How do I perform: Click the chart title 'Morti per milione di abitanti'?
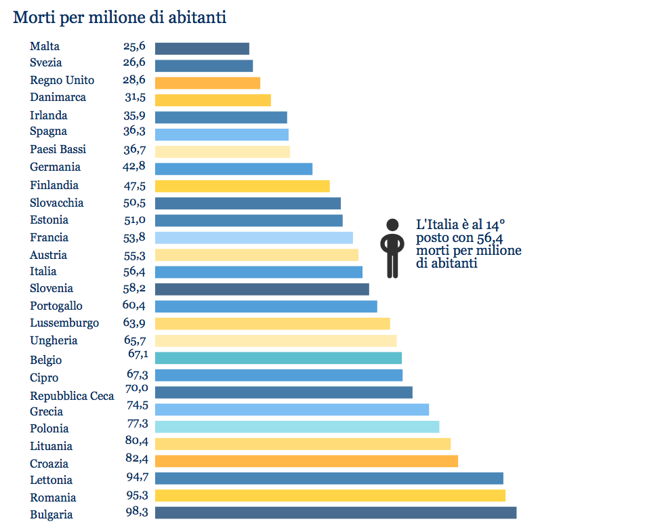[x=120, y=18]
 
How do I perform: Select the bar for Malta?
[x=202, y=49]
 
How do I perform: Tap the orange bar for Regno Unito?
[x=207, y=83]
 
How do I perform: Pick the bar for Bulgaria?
[x=335, y=512]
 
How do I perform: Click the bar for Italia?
[x=258, y=272]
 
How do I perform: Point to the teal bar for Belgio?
[x=278, y=358]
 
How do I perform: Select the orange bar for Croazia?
[x=306, y=461]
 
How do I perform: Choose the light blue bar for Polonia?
[x=297, y=426]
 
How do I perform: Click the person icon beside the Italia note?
[x=392, y=248]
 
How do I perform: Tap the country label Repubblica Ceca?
[x=72, y=396]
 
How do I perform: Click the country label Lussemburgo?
[x=64, y=323]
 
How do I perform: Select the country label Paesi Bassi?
[x=58, y=149]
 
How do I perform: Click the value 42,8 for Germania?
[x=135, y=167]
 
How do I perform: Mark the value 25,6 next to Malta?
[x=134, y=46]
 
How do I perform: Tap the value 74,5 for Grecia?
[x=136, y=406]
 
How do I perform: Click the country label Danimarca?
[x=58, y=97]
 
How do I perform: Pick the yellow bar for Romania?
[x=330, y=495]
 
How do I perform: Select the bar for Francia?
[x=253, y=237]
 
